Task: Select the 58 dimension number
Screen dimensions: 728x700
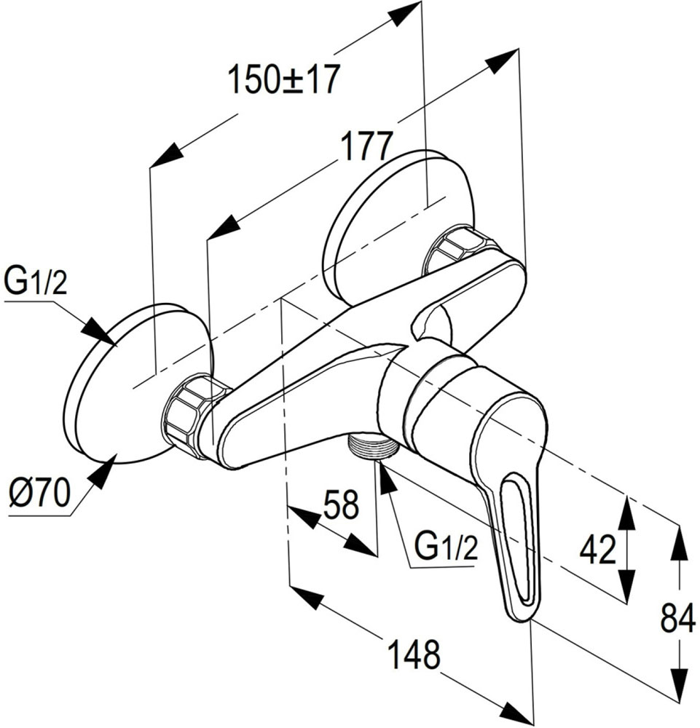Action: coord(340,505)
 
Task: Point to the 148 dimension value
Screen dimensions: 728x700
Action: coord(412,654)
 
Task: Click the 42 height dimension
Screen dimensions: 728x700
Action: coord(598,550)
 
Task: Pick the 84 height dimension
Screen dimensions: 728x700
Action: coord(677,620)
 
